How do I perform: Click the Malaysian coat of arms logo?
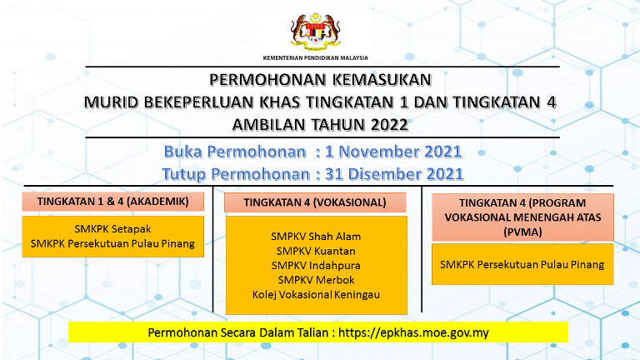(x=315, y=31)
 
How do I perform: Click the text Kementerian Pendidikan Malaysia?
(x=316, y=58)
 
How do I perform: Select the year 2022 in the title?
(x=389, y=124)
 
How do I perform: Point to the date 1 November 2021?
(x=393, y=152)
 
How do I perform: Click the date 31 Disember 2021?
(x=394, y=174)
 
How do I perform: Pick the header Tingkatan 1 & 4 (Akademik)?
(x=113, y=202)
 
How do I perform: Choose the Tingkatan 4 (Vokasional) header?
(x=315, y=202)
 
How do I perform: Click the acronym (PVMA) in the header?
(x=522, y=232)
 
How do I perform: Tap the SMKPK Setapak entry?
(x=112, y=229)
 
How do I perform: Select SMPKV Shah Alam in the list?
(x=316, y=237)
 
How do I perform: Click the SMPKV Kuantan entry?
(x=316, y=251)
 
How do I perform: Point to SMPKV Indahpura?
(x=316, y=266)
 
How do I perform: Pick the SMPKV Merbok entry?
(x=316, y=280)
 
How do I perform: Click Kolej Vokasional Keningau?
(x=316, y=295)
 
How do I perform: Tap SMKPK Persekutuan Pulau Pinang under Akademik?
(x=112, y=243)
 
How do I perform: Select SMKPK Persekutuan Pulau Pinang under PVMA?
(x=522, y=265)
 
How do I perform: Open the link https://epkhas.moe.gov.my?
(x=413, y=333)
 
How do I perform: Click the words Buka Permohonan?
(x=235, y=152)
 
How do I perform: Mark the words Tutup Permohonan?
(x=236, y=174)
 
